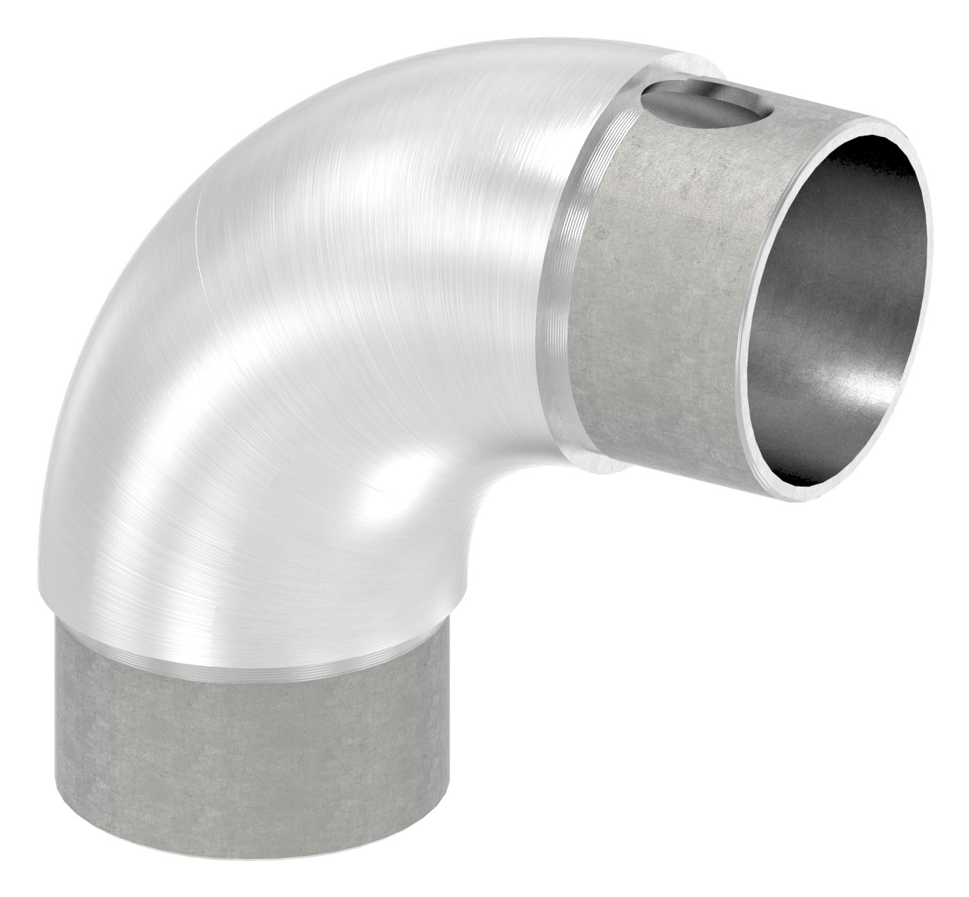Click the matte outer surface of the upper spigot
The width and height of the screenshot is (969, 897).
[661, 278]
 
